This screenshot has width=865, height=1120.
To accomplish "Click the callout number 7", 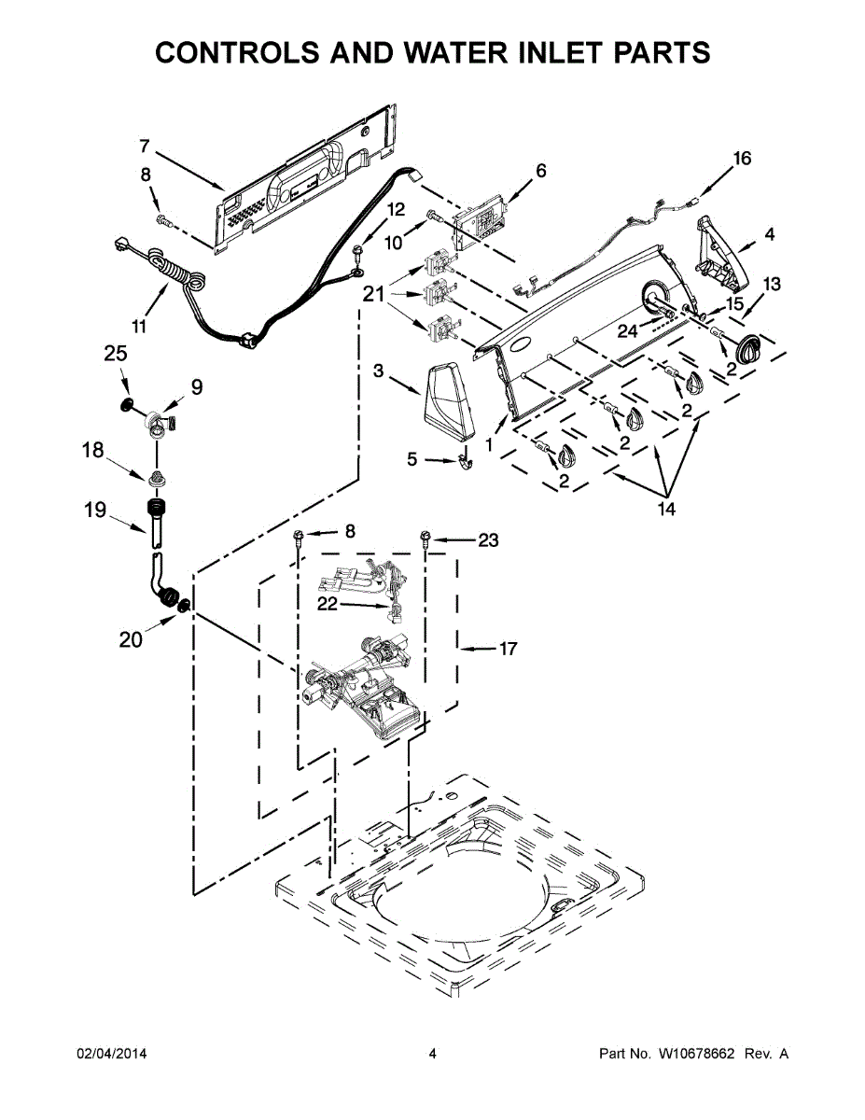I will coord(145,146).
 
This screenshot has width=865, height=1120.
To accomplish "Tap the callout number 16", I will coord(741,159).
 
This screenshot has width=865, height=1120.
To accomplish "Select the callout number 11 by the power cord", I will coord(139,326).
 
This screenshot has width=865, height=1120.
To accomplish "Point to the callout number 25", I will coord(116,354).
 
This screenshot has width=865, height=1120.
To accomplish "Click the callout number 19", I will coord(96,510).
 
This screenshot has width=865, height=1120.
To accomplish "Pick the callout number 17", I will coord(508,648).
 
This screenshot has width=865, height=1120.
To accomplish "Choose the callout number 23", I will coord(488,539).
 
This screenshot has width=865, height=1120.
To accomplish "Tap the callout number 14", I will coord(666,510).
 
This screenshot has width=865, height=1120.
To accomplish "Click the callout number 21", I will coord(373,295).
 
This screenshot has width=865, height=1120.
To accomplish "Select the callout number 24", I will coord(627,329).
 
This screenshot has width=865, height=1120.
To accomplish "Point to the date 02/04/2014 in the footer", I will coord(111,1054).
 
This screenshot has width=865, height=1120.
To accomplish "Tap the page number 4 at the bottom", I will coord(432,1054).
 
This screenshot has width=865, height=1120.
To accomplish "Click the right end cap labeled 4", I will coord(719,252).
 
